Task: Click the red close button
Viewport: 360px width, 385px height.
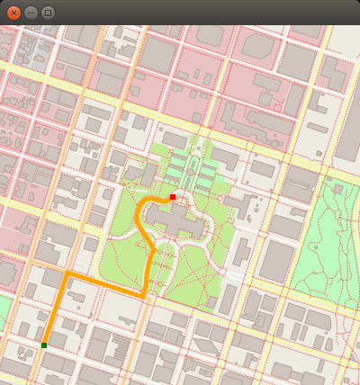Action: coord(13,13)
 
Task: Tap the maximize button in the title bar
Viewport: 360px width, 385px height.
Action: coord(48,13)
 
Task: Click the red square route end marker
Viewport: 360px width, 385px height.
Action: coord(173,196)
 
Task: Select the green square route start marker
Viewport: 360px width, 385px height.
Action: coord(43,345)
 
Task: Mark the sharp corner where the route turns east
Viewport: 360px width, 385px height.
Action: coord(66,272)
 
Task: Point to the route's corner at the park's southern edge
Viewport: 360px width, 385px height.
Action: coord(143,295)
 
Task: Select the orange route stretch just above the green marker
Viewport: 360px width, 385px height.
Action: coord(51,315)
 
